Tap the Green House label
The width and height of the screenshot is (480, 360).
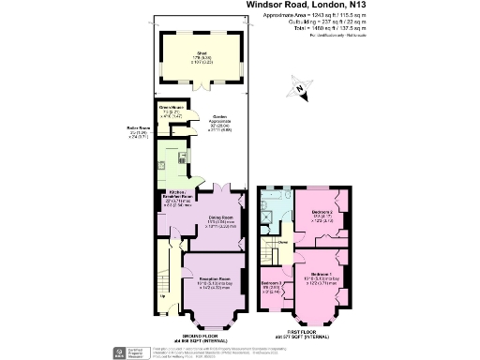pos(169,112)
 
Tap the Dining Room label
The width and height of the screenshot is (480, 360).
pos(221,221)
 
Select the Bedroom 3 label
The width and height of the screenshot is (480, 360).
pos(271,285)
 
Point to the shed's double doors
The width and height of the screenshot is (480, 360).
pos(201,90)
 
